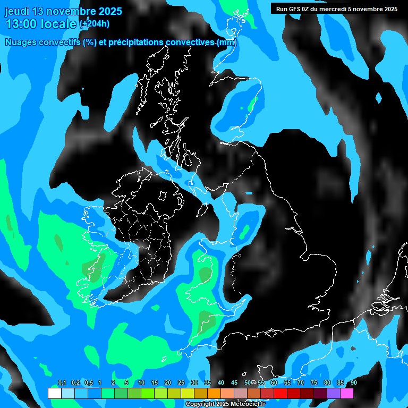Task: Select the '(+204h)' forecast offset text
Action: tap(95, 24)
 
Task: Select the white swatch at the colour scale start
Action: tap(54, 394)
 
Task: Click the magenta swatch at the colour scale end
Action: tap(347, 394)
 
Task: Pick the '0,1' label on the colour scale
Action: tap(62, 382)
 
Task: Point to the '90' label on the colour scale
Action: tap(354, 382)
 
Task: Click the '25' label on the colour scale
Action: tap(181, 382)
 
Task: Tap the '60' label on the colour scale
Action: tap(274, 382)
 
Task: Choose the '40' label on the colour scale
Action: tap(221, 382)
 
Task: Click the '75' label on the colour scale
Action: tap(314, 382)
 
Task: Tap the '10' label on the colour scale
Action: tap(141, 382)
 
